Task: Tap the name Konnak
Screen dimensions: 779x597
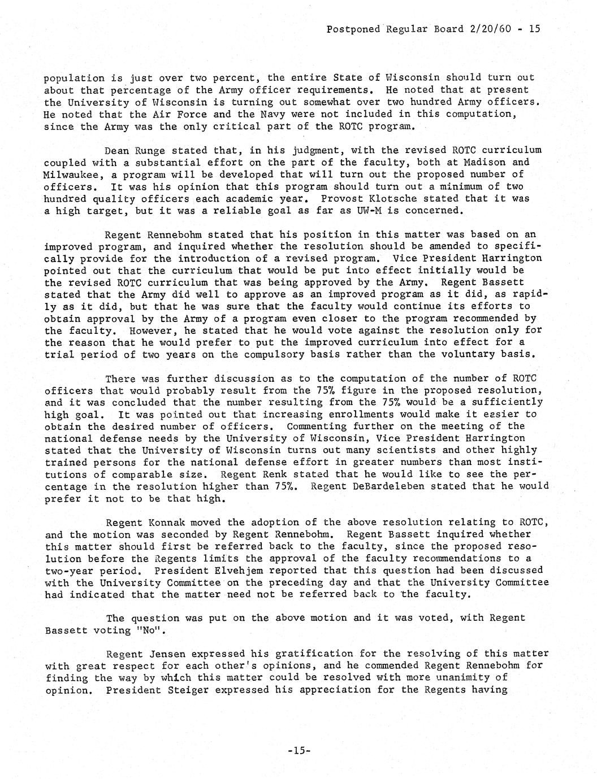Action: pos(167,523)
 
